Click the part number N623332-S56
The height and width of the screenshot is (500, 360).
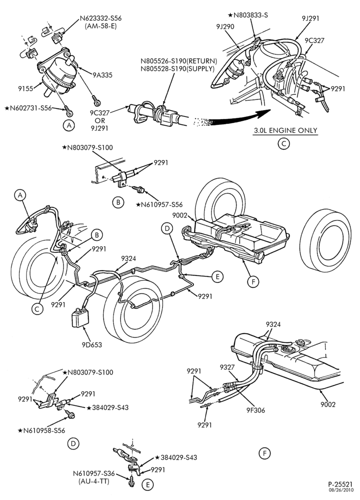(100, 18)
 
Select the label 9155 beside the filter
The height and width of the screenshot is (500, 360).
(25, 88)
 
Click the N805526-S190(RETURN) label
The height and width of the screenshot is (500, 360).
(179, 61)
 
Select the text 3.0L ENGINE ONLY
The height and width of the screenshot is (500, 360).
(285, 130)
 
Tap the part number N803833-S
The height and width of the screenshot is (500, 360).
(248, 15)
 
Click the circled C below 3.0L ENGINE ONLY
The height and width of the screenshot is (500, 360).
(283, 144)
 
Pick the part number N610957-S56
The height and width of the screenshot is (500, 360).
(159, 204)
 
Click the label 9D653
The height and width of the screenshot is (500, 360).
(91, 344)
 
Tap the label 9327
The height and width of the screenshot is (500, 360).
(227, 367)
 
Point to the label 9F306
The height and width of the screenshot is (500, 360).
(253, 410)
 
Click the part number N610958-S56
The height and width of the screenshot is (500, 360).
(41, 430)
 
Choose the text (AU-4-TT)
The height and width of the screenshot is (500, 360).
(94, 481)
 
